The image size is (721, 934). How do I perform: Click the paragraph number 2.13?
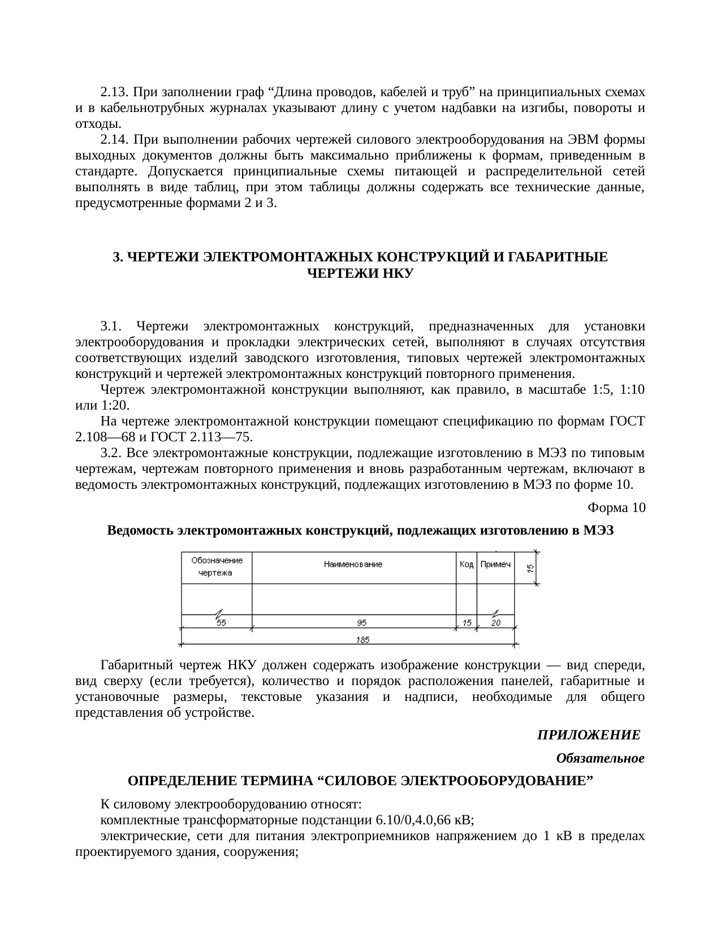pos(115,92)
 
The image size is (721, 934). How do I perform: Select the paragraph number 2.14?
pos(115,139)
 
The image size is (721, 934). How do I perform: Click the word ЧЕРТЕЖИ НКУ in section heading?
pos(360,274)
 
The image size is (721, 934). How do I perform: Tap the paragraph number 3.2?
pos(111,453)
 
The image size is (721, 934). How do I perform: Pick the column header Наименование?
pos(353,564)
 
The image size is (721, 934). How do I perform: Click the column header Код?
pos(466,565)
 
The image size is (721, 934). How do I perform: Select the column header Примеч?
pos(495,565)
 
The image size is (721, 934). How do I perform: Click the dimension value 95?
pos(361,622)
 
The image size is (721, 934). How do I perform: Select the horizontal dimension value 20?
pos(495,622)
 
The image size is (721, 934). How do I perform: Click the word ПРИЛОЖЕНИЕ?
pos(588,735)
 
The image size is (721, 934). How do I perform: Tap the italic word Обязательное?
pos(600,758)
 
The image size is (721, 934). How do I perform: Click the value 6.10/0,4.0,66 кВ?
pos(424,820)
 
